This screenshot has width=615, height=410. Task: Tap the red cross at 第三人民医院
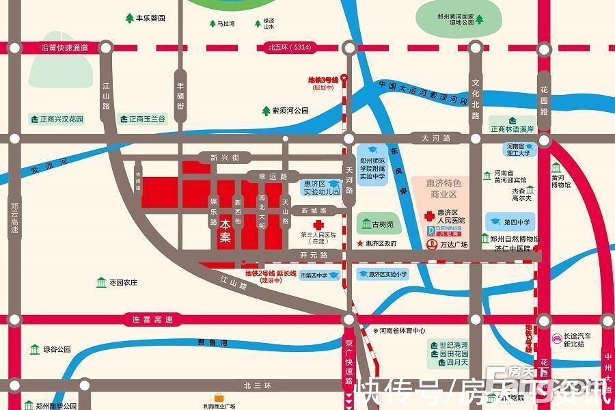click(x=318, y=225)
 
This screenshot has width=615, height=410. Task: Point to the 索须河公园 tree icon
click(x=266, y=110)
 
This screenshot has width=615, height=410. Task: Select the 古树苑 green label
click(x=377, y=223)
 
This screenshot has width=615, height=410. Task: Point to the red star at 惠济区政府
click(x=359, y=243)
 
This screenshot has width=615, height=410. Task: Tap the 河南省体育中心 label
click(x=404, y=331)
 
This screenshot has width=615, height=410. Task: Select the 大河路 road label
click(x=436, y=139)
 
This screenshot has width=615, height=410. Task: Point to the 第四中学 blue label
click(x=511, y=222)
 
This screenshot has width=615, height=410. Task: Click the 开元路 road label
click(x=314, y=255)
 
